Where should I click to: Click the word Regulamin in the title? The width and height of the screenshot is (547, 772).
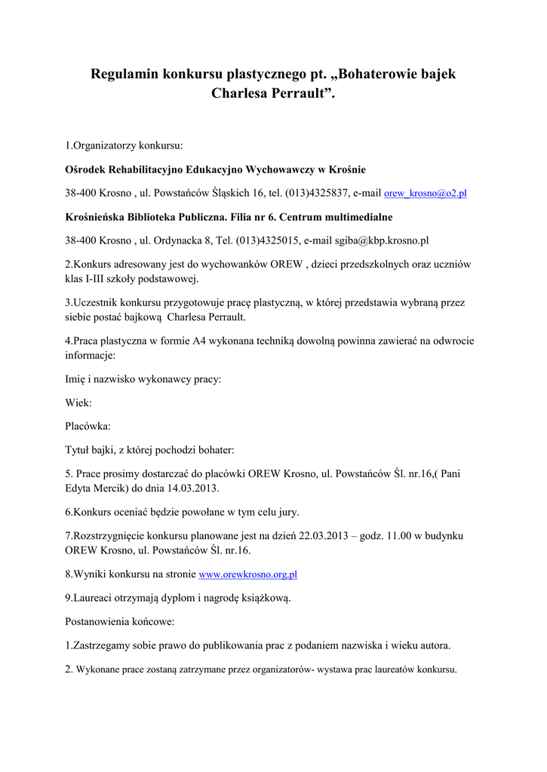124,75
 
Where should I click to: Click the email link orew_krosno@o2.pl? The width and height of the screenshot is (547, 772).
426,194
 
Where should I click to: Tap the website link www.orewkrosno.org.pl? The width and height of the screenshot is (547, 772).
247,574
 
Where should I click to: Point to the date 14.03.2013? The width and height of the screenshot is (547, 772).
193,488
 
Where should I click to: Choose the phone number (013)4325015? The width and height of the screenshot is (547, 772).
268,241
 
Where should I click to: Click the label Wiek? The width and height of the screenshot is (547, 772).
78,403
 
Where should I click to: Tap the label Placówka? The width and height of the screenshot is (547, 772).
88,427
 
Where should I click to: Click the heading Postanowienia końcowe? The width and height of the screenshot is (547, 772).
120,622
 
